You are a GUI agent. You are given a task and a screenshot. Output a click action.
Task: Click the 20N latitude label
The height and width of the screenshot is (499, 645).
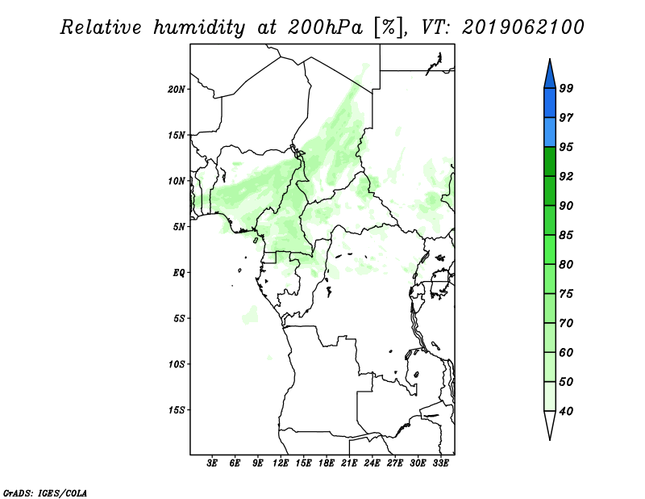[176, 89]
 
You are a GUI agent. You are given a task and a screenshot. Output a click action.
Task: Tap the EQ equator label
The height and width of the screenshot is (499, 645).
[178, 272]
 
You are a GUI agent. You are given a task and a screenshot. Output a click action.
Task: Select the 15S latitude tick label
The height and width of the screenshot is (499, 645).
[176, 409]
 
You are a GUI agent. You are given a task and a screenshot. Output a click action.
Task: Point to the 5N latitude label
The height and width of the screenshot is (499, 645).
[178, 227]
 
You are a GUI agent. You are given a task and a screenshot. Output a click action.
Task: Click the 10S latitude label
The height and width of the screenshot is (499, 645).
[176, 364]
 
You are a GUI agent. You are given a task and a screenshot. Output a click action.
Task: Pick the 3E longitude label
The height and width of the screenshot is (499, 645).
[212, 463]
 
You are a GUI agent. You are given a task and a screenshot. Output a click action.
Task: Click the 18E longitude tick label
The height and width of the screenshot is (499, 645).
[327, 463]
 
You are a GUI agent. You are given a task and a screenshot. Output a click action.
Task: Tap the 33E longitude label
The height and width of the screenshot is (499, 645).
[440, 463]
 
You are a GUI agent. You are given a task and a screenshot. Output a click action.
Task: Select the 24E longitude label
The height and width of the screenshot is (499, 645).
[372, 463]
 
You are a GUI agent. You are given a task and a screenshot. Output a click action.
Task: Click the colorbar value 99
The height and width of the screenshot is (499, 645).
[566, 88]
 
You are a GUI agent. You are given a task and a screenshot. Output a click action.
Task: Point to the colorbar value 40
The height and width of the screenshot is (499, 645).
[566, 411]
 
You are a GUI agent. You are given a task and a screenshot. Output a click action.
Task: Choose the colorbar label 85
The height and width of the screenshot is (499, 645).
[566, 235]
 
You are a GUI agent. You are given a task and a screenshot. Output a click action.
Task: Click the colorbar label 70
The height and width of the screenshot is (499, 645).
[566, 323]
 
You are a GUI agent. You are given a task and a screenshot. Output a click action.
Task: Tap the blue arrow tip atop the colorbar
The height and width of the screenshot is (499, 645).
[550, 59]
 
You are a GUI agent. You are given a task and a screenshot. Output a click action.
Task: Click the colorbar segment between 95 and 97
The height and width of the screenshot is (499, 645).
[550, 132]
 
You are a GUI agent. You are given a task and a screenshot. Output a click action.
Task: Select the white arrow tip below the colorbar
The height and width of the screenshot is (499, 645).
[550, 440]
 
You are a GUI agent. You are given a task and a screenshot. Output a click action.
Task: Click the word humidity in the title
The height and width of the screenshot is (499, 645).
[199, 27]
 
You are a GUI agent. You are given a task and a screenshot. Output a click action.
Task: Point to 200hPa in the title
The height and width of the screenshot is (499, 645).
[325, 27]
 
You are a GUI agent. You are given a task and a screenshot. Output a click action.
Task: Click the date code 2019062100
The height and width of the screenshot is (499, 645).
[522, 27]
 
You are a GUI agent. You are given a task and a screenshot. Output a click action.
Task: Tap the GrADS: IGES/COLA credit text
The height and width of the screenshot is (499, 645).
[45, 493]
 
